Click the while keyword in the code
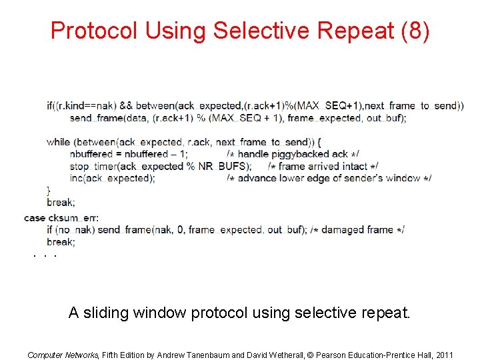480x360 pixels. [58, 142]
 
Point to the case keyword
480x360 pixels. [35, 218]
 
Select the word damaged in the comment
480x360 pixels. [345, 230]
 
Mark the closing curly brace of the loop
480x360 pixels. [49, 190]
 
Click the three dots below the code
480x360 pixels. [44, 255]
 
